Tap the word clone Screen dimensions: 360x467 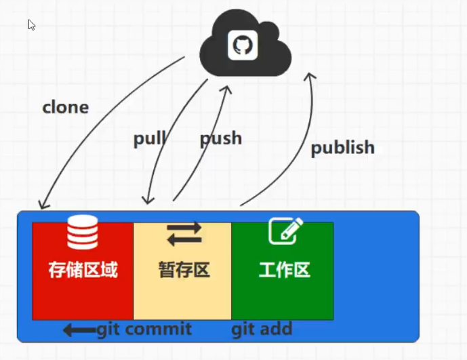[66, 107]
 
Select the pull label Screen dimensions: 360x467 [150, 139]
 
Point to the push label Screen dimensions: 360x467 [220, 138]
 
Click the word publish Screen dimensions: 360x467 [342, 147]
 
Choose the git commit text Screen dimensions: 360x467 [144, 329]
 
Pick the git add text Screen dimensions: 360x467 [262, 329]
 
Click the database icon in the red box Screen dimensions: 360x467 [82, 232]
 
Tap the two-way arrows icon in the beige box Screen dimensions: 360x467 [184, 234]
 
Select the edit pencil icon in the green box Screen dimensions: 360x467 [285, 231]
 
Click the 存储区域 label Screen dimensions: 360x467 [83, 270]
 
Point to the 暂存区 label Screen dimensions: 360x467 [184, 270]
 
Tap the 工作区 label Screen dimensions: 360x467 [284, 270]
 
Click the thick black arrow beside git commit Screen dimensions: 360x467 [79, 330]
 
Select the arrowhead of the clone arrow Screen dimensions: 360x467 [43, 204]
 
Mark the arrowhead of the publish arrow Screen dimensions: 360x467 [310, 75]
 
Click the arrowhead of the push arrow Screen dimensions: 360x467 [227, 89]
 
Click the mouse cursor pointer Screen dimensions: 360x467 [31, 24]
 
